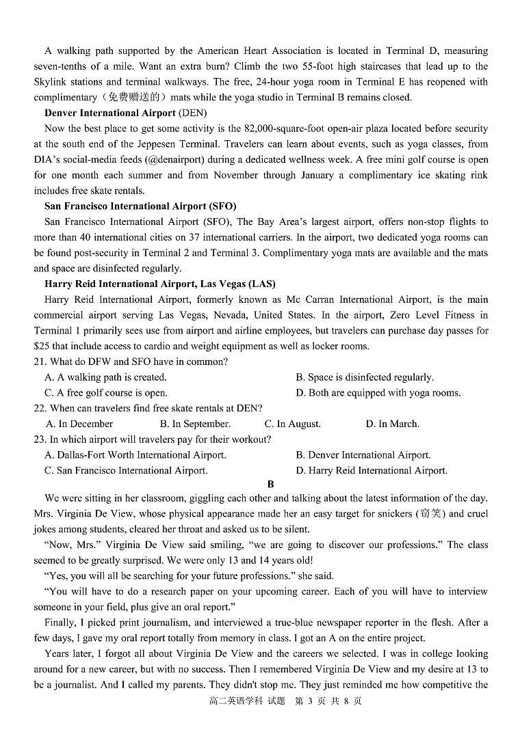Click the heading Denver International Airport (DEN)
click(125, 113)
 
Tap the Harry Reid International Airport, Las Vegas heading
click(159, 284)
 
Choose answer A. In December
click(79, 424)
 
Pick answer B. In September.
click(195, 424)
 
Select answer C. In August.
click(292, 424)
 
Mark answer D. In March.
click(392, 424)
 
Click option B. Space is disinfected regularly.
click(365, 377)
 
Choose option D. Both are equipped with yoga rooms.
click(378, 393)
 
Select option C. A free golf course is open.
click(106, 393)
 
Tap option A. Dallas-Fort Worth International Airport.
click(135, 455)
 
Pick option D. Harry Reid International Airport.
click(372, 471)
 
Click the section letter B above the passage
click(270, 484)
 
